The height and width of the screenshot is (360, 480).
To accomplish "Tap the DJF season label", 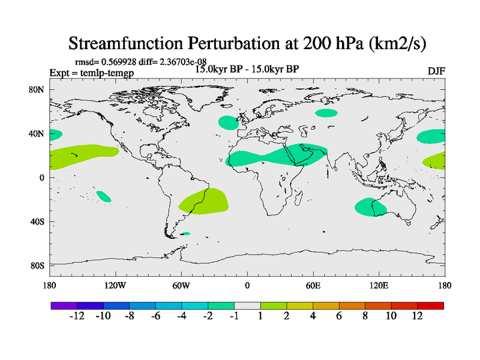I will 436,70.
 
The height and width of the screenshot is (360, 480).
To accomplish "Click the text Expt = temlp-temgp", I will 91,73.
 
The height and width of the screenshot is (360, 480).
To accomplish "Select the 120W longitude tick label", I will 115,285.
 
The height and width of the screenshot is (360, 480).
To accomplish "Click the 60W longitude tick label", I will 181,285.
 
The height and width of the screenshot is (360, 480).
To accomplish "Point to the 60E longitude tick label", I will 313,285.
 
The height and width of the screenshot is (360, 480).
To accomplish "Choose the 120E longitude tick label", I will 379,285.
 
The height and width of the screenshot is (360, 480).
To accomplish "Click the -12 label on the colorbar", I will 77,316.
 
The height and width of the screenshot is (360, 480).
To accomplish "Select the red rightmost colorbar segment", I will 431,305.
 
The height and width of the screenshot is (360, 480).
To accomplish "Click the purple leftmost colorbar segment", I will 64,305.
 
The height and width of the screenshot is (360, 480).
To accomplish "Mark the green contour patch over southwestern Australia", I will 370,207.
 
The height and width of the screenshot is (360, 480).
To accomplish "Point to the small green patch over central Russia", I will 326,113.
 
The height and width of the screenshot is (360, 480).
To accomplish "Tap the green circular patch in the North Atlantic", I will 229,122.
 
